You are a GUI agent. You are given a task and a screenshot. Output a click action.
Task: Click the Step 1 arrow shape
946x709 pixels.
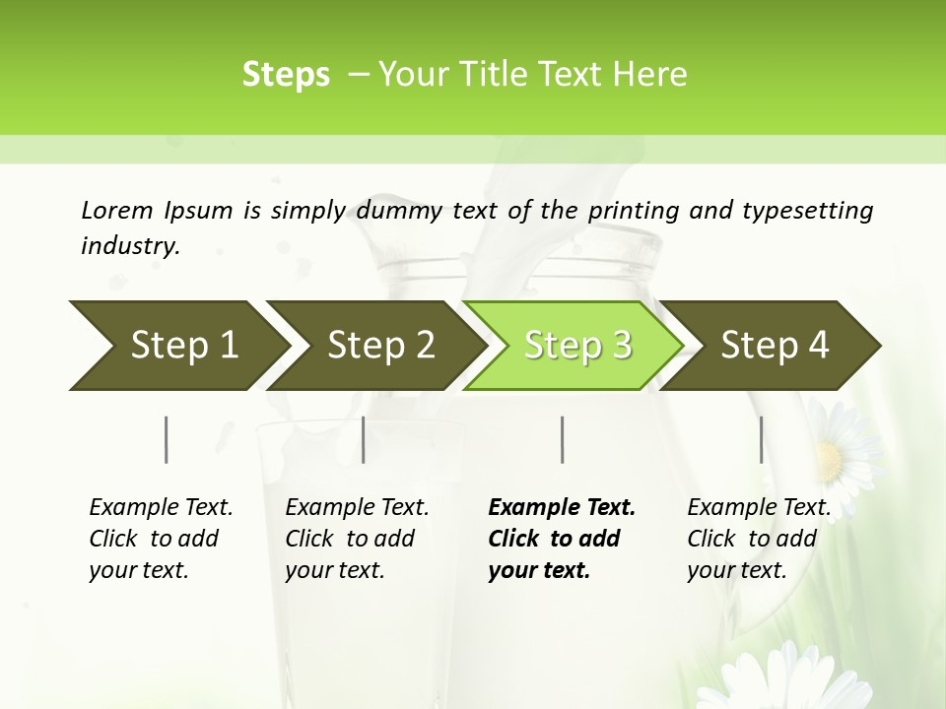click(x=177, y=346)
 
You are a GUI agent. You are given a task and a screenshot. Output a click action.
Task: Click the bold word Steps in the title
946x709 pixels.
click(x=286, y=75)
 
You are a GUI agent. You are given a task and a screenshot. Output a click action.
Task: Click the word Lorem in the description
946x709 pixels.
click(x=116, y=210)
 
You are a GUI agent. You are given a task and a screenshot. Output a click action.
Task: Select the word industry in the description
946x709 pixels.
click(x=128, y=245)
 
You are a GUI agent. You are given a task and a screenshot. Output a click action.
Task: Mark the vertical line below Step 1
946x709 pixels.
click(x=167, y=439)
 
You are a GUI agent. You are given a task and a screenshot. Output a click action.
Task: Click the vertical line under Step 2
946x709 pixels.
click(x=364, y=439)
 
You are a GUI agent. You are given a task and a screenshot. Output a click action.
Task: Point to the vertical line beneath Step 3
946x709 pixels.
click(x=562, y=439)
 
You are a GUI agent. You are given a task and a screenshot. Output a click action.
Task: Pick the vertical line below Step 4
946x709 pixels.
click(x=761, y=439)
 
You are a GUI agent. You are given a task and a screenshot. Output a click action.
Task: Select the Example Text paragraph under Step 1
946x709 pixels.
click(x=160, y=539)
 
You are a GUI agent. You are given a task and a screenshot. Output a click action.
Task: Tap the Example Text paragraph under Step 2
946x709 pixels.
click(x=356, y=539)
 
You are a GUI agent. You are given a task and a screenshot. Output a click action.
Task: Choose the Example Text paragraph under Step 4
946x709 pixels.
click(x=758, y=539)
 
